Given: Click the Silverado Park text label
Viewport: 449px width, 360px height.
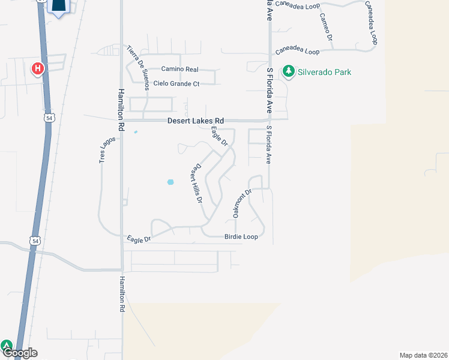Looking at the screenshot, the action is click(x=325, y=72).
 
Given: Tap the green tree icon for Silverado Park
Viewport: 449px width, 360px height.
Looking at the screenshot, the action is click(x=289, y=72).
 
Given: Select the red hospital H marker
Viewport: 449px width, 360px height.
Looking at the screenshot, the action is click(x=38, y=69).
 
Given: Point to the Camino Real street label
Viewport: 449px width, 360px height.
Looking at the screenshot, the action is click(x=179, y=70).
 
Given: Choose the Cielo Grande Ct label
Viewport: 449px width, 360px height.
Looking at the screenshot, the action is click(x=176, y=84).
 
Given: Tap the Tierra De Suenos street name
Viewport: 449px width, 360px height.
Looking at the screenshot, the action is click(x=137, y=67).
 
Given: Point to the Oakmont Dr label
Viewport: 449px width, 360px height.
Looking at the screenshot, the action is click(x=240, y=203).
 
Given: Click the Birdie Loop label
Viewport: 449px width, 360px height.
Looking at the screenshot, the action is click(x=241, y=237).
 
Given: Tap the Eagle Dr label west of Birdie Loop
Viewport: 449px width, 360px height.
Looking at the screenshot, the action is click(x=139, y=239).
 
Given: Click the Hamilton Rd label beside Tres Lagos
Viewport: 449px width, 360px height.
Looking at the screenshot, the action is click(x=121, y=107).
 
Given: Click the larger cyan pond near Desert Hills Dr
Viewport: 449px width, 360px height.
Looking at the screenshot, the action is click(x=170, y=182).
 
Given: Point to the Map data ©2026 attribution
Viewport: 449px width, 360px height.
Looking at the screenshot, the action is click(x=423, y=355).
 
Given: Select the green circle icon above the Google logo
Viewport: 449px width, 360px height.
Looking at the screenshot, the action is click(x=7, y=346).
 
